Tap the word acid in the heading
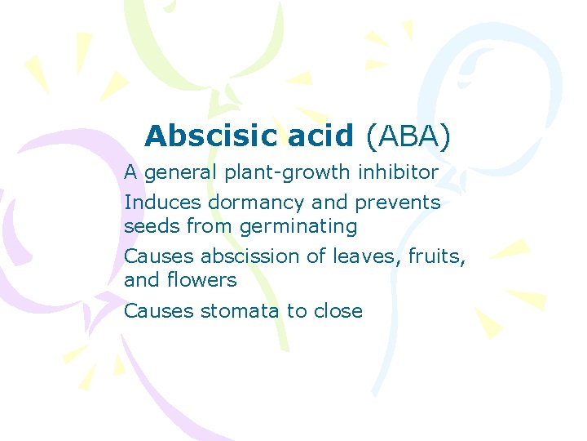pos(322,136)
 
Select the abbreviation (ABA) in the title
pos(408,136)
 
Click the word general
pos(176,173)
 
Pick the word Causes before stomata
pos(159,310)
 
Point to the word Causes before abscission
pos(159,256)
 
